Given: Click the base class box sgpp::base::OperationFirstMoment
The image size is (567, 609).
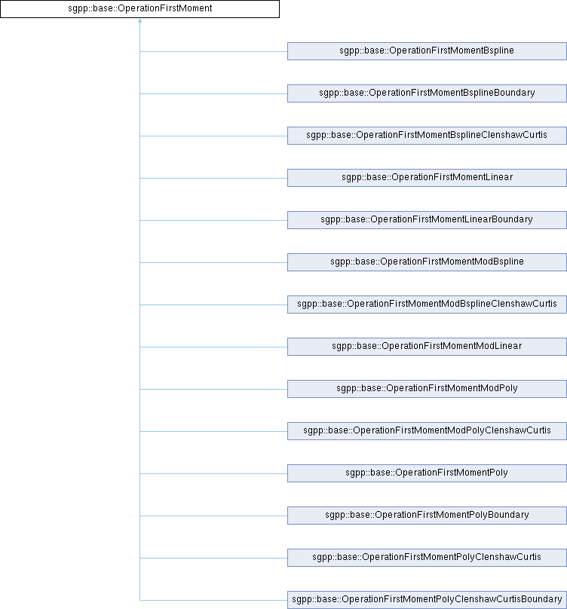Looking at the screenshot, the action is tap(140, 8).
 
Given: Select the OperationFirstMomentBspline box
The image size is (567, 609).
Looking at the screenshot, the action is tap(427, 51).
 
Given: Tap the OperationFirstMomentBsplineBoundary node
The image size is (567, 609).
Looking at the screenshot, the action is tap(427, 93).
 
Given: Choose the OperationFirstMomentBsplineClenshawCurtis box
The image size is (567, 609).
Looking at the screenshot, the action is tap(427, 136).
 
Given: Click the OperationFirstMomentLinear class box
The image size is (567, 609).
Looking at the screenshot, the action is tap(427, 178).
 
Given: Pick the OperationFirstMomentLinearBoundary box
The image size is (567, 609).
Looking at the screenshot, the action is tap(427, 220).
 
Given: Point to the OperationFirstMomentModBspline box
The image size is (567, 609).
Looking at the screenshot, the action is tap(427, 262).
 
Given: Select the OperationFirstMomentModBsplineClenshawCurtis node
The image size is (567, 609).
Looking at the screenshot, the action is tap(427, 304).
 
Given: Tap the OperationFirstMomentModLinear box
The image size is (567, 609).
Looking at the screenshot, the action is tap(427, 347).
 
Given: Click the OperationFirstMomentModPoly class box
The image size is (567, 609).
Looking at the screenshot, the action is tap(427, 389).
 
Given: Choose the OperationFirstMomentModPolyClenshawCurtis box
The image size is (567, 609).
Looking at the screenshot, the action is tap(427, 431).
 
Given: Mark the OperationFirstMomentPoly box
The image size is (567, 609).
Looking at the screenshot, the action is tap(427, 473).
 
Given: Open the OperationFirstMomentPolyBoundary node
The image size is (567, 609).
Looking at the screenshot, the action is tap(427, 516).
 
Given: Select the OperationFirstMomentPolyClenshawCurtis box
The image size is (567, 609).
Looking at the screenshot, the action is tap(427, 558).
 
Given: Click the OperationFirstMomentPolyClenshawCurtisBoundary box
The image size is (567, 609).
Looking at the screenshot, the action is tap(427, 600).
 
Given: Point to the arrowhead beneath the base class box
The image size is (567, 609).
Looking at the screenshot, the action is tap(140, 20).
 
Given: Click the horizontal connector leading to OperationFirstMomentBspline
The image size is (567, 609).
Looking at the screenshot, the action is tap(213, 51).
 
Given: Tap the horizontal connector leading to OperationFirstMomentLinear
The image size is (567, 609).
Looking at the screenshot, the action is tap(213, 179).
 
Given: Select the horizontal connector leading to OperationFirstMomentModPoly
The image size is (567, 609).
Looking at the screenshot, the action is tap(213, 389).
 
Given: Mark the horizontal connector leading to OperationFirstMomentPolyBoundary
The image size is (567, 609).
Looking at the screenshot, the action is tap(213, 516).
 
